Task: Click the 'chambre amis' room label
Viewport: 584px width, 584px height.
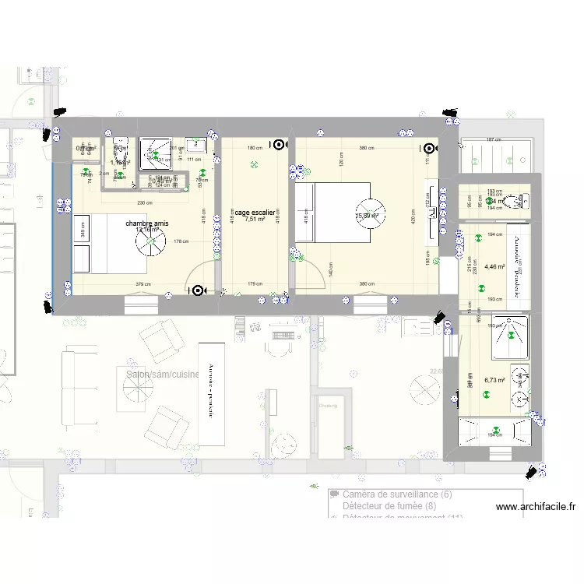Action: [150, 223]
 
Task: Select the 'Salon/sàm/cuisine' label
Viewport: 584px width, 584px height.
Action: [162, 375]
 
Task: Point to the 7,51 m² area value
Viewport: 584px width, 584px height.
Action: [255, 220]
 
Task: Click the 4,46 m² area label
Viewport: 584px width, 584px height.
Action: [494, 267]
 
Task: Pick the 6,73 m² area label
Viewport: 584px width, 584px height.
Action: [494, 381]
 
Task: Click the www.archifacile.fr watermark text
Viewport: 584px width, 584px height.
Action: [535, 507]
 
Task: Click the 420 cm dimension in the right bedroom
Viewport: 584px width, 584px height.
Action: [413, 216]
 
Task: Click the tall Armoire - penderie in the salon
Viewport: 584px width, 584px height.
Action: [209, 392]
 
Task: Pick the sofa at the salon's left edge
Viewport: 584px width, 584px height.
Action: [72, 389]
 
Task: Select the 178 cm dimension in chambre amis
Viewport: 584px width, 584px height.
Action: [181, 242]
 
